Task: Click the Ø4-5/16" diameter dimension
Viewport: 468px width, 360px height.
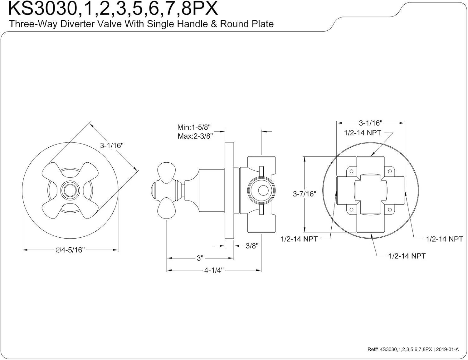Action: click(x=70, y=250)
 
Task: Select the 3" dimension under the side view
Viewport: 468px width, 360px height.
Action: click(x=200, y=258)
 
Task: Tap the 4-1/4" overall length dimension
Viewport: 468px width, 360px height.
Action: click(x=214, y=270)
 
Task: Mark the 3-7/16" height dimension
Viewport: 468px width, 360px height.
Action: click(x=304, y=194)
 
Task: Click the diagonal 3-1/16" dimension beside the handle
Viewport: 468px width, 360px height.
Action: click(x=112, y=145)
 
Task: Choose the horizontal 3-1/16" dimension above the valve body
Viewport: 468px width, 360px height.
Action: click(x=370, y=123)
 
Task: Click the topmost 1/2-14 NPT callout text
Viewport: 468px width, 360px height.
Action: click(x=363, y=133)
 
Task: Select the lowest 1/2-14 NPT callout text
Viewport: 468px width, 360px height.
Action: click(x=407, y=256)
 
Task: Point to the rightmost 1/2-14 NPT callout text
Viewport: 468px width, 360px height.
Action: click(x=444, y=239)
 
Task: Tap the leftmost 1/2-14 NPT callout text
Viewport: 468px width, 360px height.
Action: click(x=299, y=239)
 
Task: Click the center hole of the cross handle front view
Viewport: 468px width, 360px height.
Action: click(x=70, y=190)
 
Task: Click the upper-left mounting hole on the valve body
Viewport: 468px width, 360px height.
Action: click(x=351, y=171)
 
